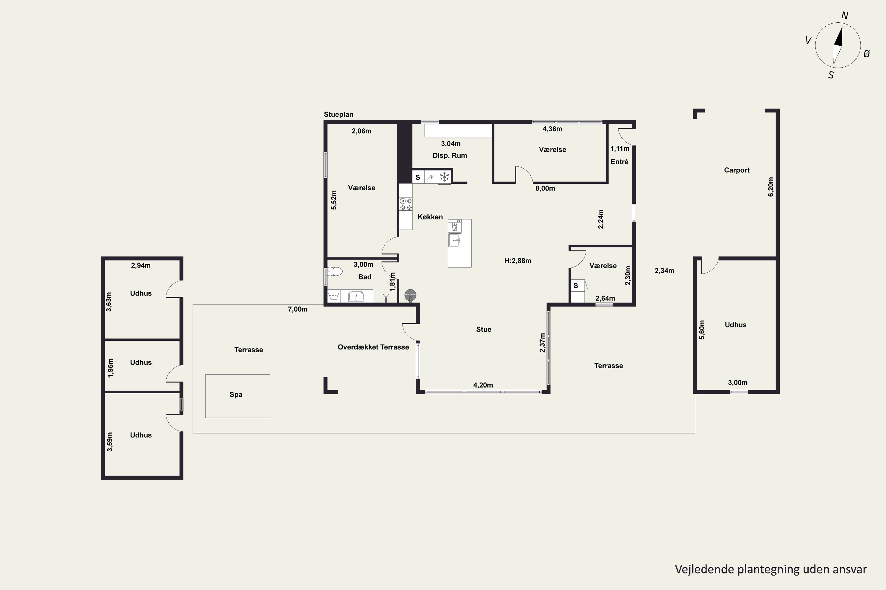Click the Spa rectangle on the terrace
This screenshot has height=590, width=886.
click(237, 396)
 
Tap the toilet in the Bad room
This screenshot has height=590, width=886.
click(335, 271)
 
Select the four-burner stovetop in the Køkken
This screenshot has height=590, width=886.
click(406, 204)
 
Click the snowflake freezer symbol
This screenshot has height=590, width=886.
click(444, 176)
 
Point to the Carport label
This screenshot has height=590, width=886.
click(737, 170)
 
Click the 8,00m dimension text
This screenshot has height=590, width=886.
click(545, 189)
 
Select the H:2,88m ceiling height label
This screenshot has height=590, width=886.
click(518, 261)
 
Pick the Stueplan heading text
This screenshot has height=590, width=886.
click(338, 114)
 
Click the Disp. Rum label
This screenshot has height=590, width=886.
click(449, 155)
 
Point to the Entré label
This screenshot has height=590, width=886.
click(619, 162)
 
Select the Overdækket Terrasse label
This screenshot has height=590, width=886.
click(373, 347)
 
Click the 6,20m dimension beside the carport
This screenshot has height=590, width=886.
click(770, 187)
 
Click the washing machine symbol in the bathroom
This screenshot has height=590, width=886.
click(334, 296)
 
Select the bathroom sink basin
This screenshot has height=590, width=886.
click(356, 296)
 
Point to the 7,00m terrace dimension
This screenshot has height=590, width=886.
click(298, 309)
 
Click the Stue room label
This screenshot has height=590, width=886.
click(484, 330)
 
